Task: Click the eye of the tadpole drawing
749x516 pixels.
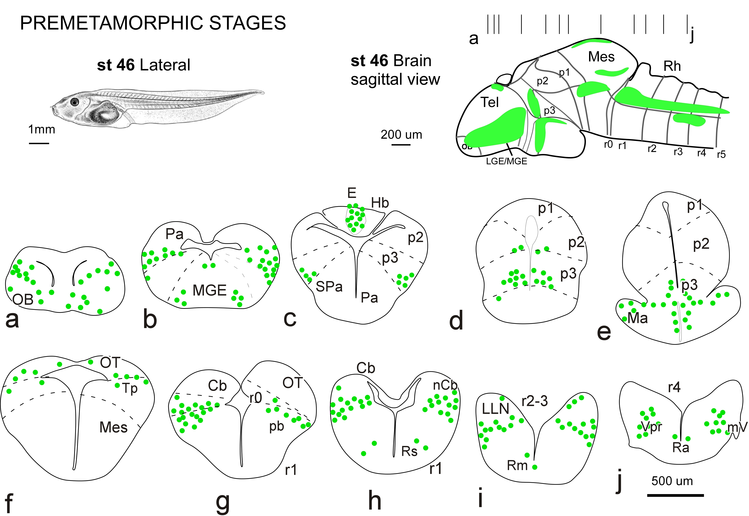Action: coord(75,102)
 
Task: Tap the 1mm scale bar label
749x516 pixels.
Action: coord(42,130)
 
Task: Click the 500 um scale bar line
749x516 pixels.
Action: coord(675,495)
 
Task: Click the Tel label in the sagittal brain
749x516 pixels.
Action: coord(490,102)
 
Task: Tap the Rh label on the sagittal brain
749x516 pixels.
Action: coord(672,66)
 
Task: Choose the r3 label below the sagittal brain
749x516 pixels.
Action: coord(678,151)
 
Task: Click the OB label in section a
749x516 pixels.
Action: coord(23,300)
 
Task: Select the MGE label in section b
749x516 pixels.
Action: coord(209,290)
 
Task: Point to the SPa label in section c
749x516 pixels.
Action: coord(329,286)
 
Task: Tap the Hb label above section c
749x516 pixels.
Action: coord(380,203)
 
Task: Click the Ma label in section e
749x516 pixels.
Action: coord(637,318)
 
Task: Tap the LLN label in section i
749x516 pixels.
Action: coord(495,409)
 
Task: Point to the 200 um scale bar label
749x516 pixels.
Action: coord(401,135)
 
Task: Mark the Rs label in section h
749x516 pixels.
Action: coord(409,451)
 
